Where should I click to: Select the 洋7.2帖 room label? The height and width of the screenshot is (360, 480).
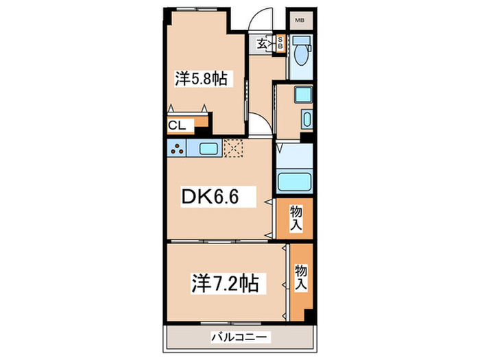tap(225, 283)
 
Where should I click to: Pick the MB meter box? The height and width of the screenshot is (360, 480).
tap(300, 21)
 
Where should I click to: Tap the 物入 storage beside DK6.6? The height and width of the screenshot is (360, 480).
tap(296, 219)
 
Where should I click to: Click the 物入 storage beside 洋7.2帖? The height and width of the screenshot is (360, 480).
tap(300, 277)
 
